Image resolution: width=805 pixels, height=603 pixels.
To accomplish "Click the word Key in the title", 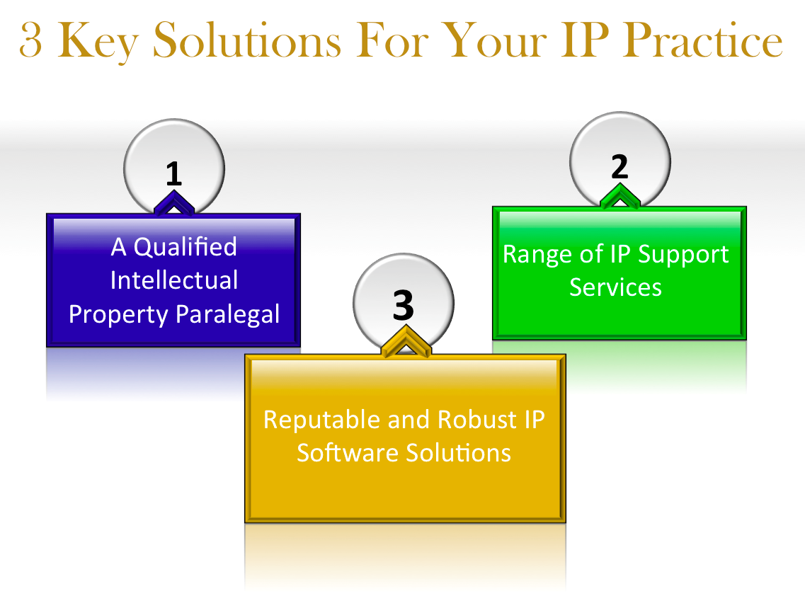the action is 98,41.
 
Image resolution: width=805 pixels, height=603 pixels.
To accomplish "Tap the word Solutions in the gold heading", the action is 246,40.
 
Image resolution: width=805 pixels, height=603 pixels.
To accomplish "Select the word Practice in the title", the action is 703,40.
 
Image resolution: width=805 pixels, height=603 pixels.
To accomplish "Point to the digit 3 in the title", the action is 30,40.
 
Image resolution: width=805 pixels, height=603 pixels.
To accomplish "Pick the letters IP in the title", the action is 585,40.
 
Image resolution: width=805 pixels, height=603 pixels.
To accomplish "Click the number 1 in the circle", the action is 173,173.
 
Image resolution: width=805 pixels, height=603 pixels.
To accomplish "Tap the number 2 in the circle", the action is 620,167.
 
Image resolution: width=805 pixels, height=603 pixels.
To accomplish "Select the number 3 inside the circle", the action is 403,305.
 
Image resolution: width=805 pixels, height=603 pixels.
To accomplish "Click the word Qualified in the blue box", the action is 185,247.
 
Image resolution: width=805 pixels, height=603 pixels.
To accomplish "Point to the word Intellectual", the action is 174,280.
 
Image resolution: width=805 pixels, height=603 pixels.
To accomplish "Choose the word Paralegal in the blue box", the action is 228,314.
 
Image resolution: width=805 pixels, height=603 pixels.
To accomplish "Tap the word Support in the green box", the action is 683,255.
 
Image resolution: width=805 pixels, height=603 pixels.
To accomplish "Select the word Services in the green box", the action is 615,287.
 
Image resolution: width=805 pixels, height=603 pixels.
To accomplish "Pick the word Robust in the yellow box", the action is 477,419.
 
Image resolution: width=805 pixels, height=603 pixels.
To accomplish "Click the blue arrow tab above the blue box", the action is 174,202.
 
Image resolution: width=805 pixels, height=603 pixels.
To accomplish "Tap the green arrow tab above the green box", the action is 620,196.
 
